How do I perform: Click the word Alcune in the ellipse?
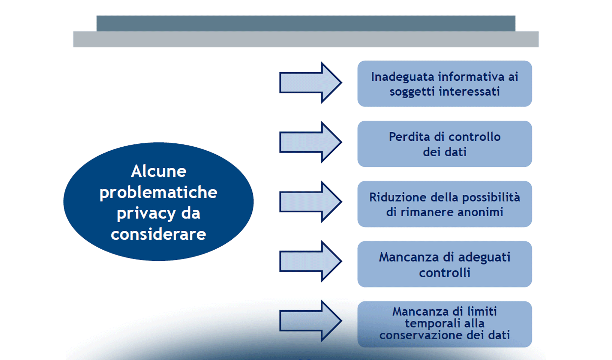click(x=158, y=171)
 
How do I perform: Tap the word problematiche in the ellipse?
click(x=158, y=193)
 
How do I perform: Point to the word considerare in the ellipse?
click(x=158, y=234)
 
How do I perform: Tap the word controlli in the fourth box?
click(x=445, y=273)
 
